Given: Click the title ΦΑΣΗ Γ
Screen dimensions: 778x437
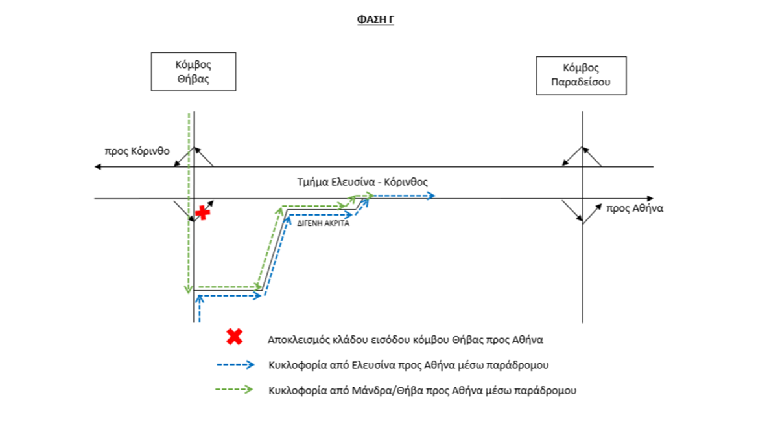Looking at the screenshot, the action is (375, 19).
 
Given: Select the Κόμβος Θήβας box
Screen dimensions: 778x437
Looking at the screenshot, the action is (193, 72).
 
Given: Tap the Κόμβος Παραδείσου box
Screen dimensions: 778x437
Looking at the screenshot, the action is (581, 76).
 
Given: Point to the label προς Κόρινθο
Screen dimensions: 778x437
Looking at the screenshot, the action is (137, 151).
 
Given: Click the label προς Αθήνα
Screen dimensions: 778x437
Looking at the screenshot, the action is (635, 208).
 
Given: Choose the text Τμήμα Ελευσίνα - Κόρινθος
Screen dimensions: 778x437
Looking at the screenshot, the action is (362, 182).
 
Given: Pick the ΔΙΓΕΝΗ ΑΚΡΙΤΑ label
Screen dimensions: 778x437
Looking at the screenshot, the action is (323, 223).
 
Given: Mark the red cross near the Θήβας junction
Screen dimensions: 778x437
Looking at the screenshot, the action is (202, 213).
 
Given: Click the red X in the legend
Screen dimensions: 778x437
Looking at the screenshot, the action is (235, 337).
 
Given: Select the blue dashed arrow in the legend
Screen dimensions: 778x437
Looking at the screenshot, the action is (235, 364).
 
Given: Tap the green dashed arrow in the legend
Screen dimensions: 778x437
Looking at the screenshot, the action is (234, 389).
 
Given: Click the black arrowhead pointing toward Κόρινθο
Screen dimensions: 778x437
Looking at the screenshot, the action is (98, 167).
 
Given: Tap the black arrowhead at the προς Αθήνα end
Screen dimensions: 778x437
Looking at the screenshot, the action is (650, 198).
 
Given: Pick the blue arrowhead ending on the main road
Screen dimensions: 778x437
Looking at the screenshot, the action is (431, 196).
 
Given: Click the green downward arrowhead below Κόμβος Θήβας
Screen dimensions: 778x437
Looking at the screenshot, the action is (188, 289).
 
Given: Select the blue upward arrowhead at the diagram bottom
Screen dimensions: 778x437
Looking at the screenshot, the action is (200, 298).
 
